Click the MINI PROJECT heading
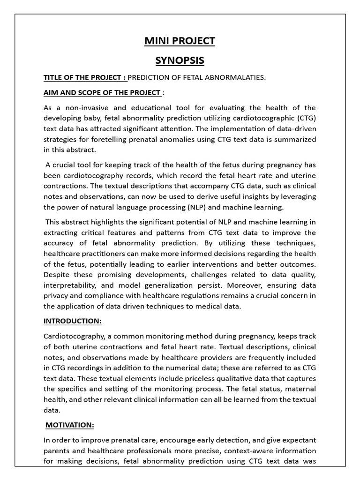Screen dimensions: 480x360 pyautogui.click(x=180, y=41)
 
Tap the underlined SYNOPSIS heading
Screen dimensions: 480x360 pyautogui.click(x=180, y=61)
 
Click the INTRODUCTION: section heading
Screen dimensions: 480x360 pyautogui.click(x=72, y=321)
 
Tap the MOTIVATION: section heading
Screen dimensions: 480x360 pyautogui.click(x=69, y=425)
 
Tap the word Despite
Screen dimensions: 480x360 pyautogui.click(x=56, y=275)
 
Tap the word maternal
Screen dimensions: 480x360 pyautogui.click(x=301, y=389)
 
